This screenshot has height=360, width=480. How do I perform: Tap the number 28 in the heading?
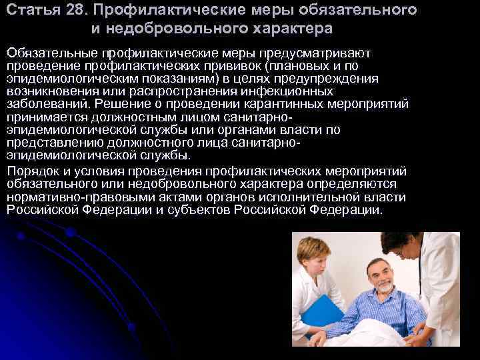tap(69, 11)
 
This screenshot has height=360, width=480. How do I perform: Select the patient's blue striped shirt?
tap(374, 313)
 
